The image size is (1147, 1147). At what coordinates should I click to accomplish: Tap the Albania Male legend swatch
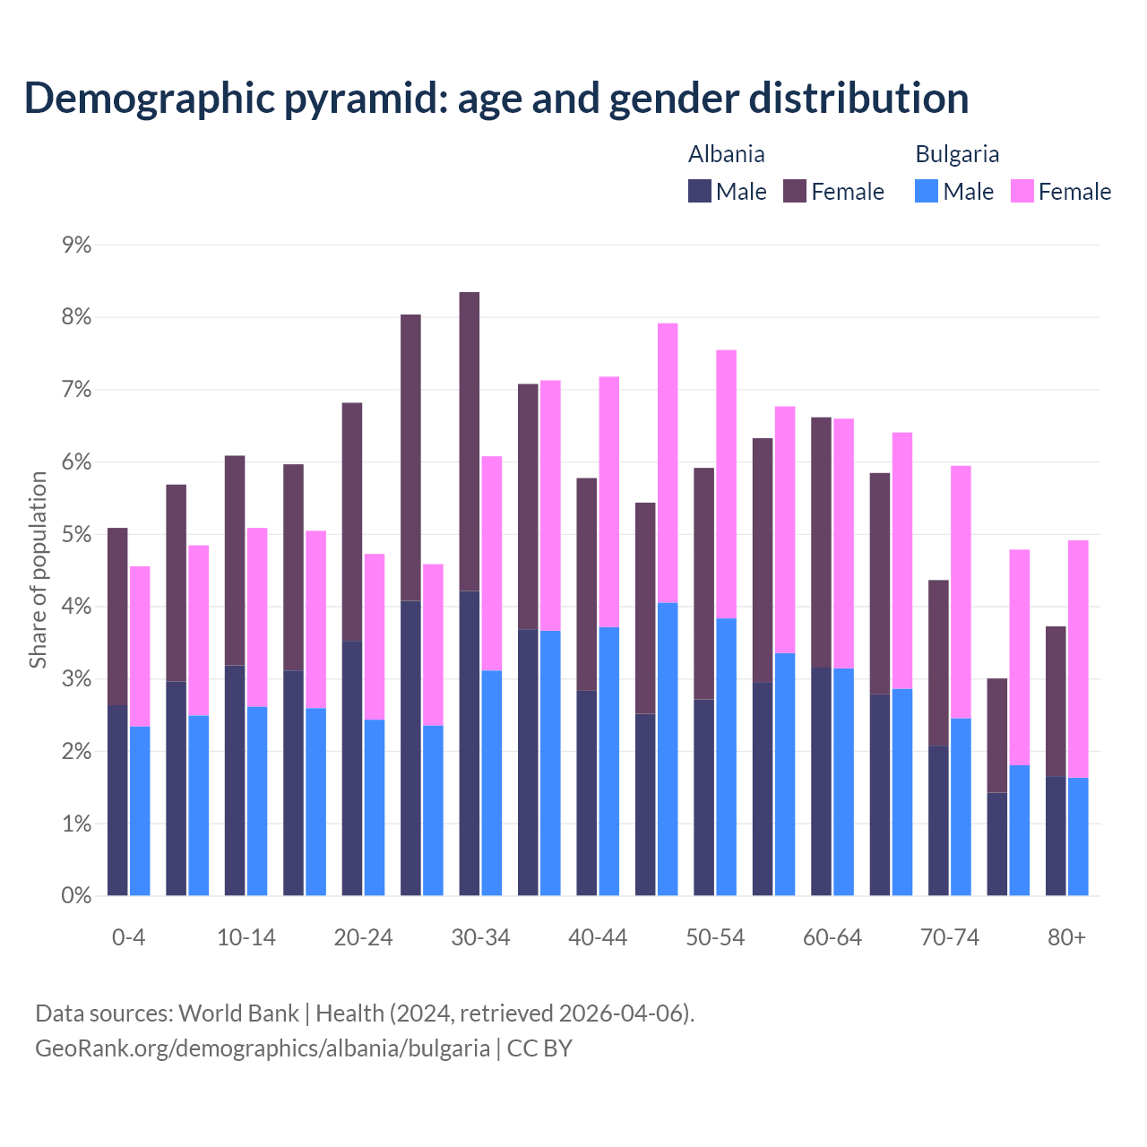(700, 191)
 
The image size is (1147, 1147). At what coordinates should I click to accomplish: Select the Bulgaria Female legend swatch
(1022, 191)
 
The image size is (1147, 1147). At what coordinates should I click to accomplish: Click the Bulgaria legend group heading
(957, 154)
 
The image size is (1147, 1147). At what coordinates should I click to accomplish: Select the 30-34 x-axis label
(480, 937)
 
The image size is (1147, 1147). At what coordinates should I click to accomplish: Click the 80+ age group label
(1066, 937)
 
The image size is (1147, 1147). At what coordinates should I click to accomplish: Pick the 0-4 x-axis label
(128, 937)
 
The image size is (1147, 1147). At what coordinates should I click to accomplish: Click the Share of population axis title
(38, 570)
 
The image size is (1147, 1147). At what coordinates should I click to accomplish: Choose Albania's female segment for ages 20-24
(352, 522)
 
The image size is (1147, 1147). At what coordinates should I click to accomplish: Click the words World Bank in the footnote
(238, 1013)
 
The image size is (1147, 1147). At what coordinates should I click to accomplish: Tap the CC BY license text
(539, 1048)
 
